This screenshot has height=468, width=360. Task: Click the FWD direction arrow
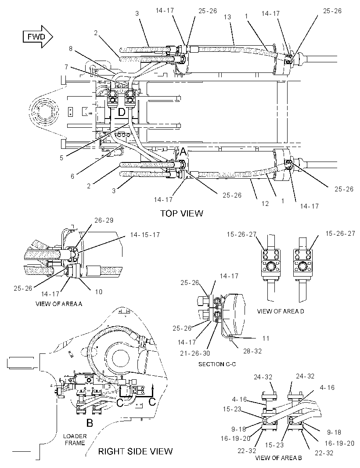coord(38,37)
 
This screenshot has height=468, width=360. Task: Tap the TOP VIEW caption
coord(181,213)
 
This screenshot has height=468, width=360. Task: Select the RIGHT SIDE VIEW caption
coord(136,451)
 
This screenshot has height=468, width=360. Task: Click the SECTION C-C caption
coord(217,364)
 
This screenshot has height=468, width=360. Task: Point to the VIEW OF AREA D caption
coord(281,311)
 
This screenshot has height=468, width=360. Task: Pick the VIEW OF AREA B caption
coord(278,458)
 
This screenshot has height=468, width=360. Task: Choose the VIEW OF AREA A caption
coord(59,304)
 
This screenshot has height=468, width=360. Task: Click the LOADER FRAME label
coord(75,439)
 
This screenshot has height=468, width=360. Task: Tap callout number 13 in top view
coord(227,17)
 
